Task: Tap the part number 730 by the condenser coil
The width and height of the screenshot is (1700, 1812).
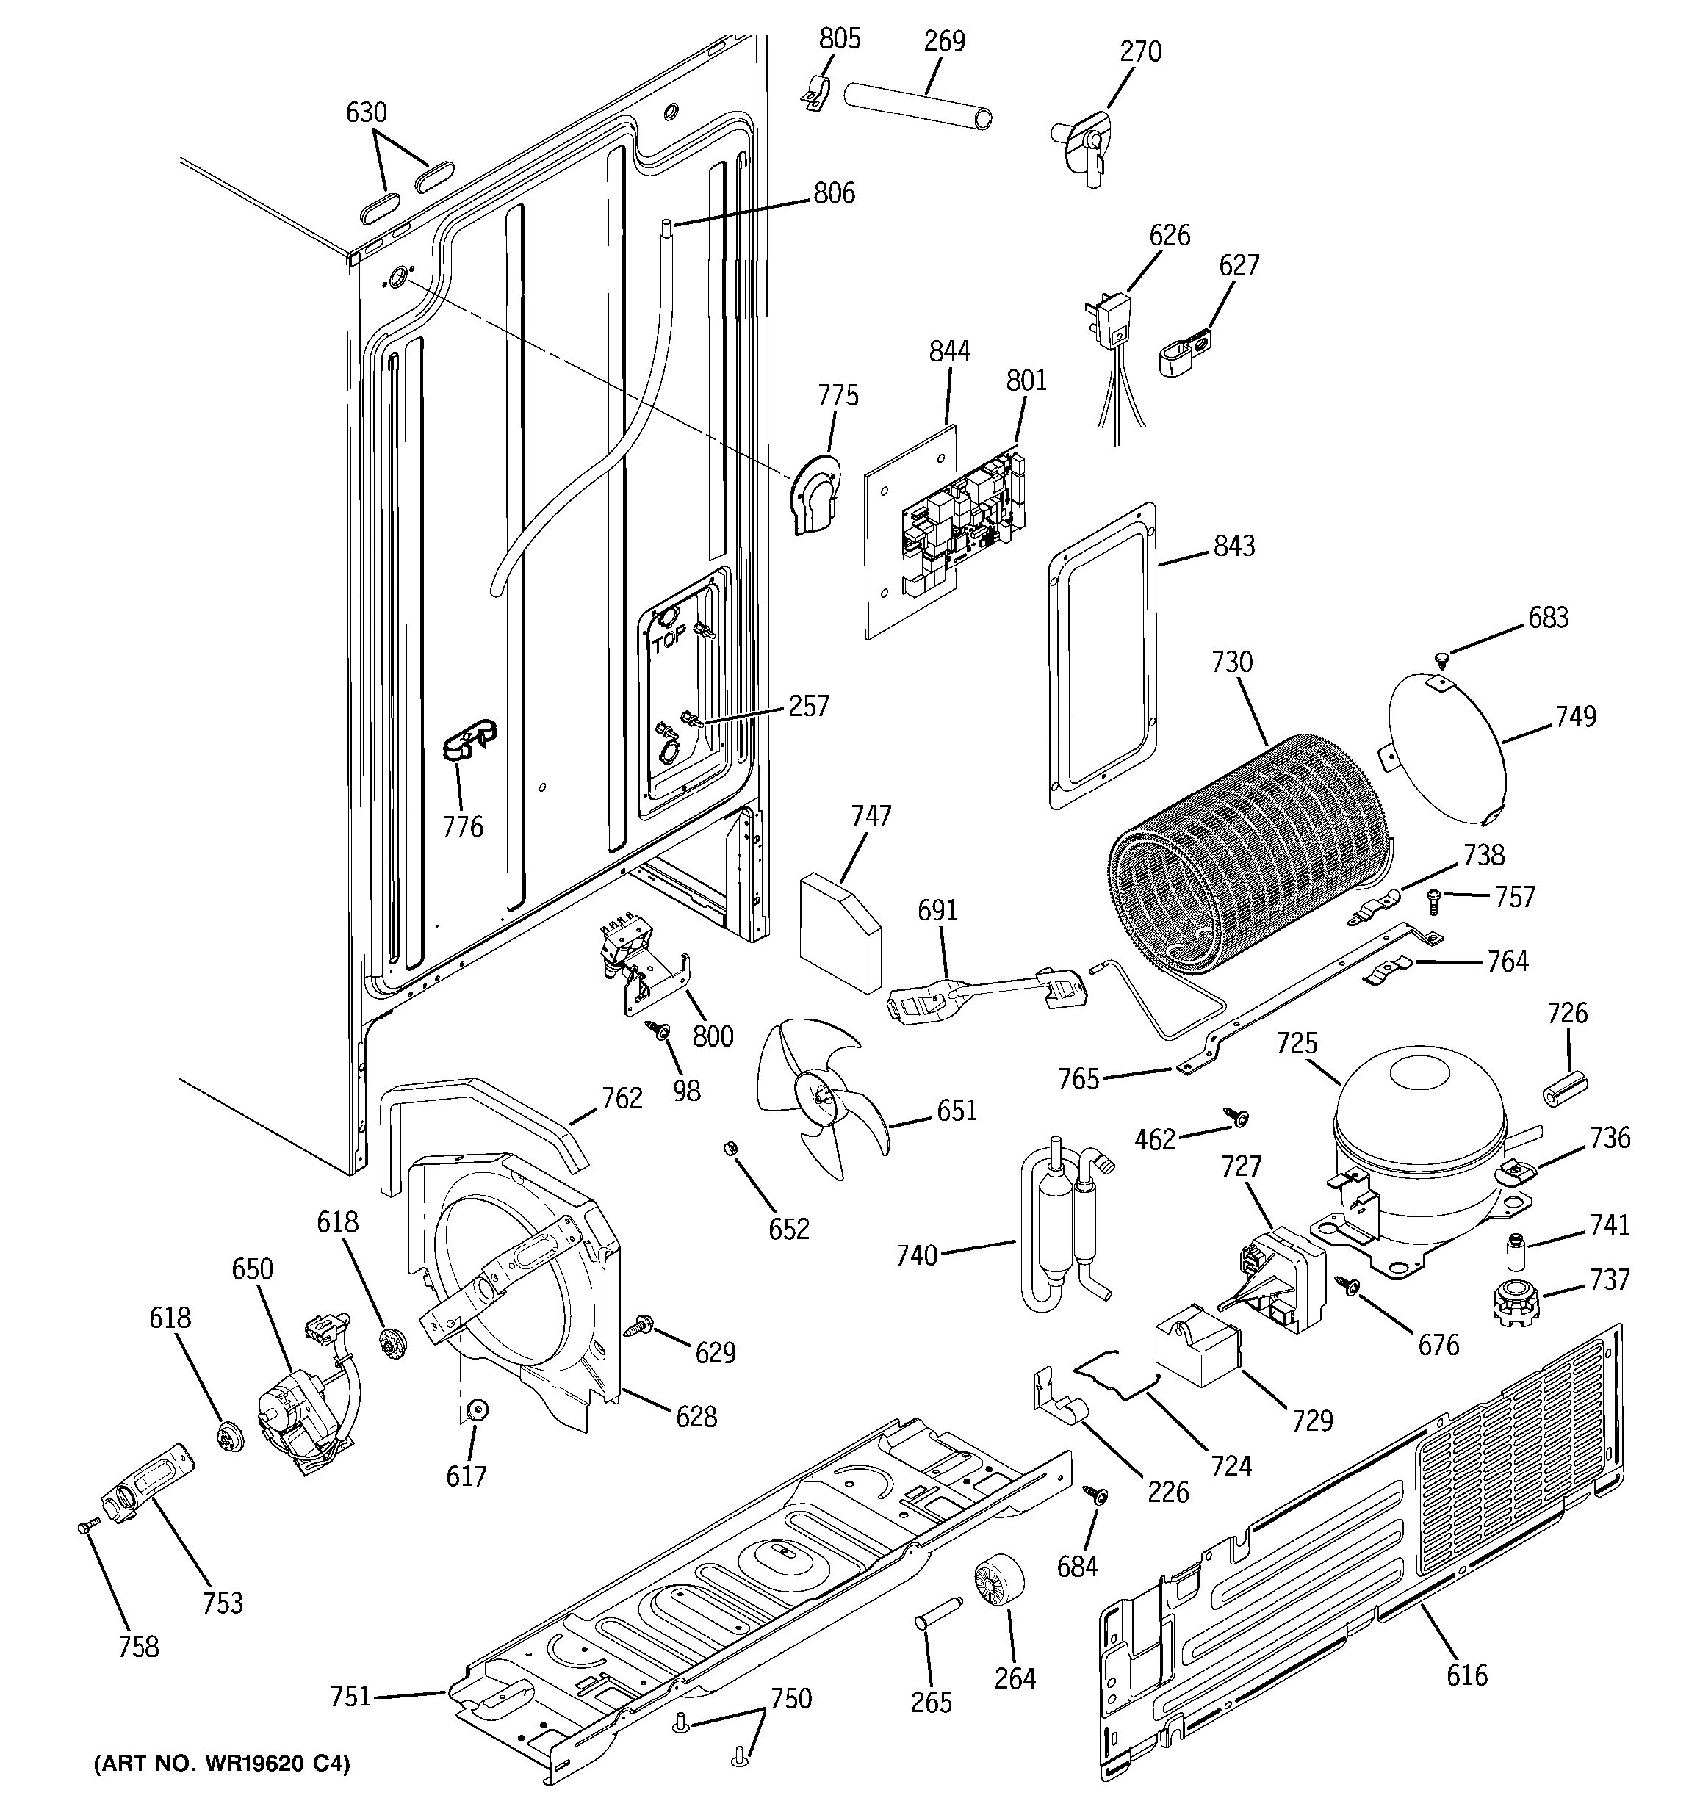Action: coord(1231,663)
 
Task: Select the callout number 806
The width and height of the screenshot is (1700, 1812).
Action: coord(834,193)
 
